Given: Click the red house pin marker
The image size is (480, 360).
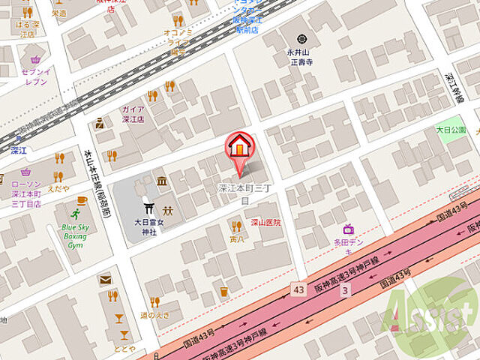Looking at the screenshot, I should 239,147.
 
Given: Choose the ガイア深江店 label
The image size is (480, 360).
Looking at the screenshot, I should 133,113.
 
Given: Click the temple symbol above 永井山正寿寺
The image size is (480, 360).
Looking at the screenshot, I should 302,38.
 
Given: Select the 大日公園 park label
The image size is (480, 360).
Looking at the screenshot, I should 451,130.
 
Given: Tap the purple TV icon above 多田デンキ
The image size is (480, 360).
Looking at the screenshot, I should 349,229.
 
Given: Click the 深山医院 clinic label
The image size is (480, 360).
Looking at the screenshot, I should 265,222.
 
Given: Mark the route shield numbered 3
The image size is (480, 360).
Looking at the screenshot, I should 344,289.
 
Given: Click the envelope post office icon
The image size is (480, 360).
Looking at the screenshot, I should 104,280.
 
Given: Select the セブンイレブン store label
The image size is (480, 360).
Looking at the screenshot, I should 35,76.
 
